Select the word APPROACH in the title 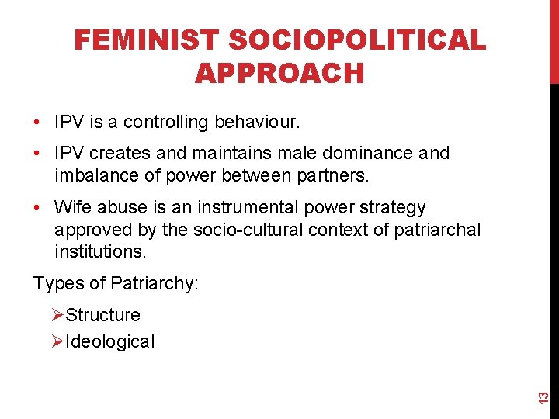click(279, 73)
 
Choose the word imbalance click(92, 175)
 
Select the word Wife click(73, 208)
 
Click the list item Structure click(102, 316)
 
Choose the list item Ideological click(110, 341)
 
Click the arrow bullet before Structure click(57, 315)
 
